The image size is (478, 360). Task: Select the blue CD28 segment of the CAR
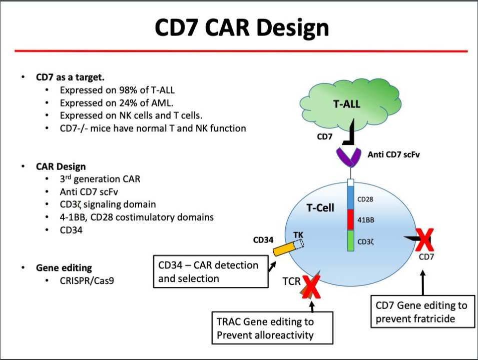point(351,198)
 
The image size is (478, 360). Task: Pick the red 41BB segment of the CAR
point(351,219)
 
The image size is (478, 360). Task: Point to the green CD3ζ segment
point(351,240)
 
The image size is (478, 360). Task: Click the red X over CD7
point(424,240)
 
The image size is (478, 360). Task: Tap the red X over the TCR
point(311,288)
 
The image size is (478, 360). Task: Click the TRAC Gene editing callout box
point(272,328)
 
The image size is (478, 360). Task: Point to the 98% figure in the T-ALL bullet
point(128,90)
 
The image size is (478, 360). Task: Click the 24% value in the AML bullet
point(128,103)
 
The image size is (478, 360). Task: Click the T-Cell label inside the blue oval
point(320,208)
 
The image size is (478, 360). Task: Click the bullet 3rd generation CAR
point(100,178)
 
